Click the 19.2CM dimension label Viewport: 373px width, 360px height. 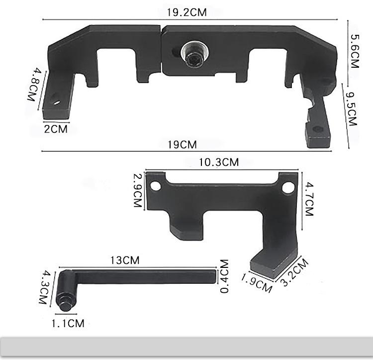tap(186, 12)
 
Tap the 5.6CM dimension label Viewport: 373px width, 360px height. tap(355, 51)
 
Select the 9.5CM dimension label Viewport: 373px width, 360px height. tap(352, 109)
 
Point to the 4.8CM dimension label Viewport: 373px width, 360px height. tap(34, 85)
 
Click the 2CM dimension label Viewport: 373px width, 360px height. tap(56, 129)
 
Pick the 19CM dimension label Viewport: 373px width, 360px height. tap(183, 145)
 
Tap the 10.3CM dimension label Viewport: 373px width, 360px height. tap(219, 162)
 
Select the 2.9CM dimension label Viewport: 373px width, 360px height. tap(138, 191)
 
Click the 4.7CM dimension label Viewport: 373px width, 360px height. tap(309, 199)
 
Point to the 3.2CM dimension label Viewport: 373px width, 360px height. tap(294, 273)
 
